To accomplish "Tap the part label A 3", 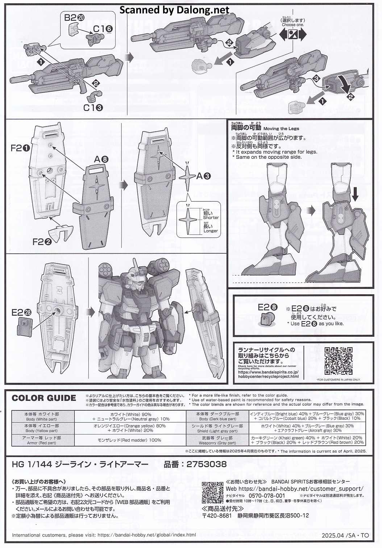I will pyautogui.click(x=203, y=177).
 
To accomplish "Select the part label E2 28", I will pyautogui.click(x=22, y=312).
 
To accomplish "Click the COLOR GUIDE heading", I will pyautogui.click(x=44, y=398).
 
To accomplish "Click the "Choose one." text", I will pyautogui.click(x=293, y=25).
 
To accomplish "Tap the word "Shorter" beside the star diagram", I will pyautogui.click(x=211, y=217).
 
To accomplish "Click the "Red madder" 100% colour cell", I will pyautogui.click(x=129, y=440).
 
